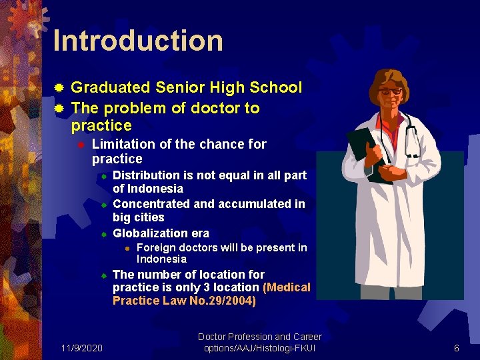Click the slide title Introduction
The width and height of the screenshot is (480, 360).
point(138,41)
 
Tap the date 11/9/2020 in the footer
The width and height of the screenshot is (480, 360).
point(81,348)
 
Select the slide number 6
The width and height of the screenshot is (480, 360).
point(457,348)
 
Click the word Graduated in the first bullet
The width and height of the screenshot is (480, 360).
point(111,87)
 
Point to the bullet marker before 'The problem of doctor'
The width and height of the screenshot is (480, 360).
point(59,108)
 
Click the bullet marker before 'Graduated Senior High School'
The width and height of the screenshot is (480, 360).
point(59,88)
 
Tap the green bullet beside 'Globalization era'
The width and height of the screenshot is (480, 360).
point(104,234)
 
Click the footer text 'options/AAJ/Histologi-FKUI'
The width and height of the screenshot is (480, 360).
point(259,349)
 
